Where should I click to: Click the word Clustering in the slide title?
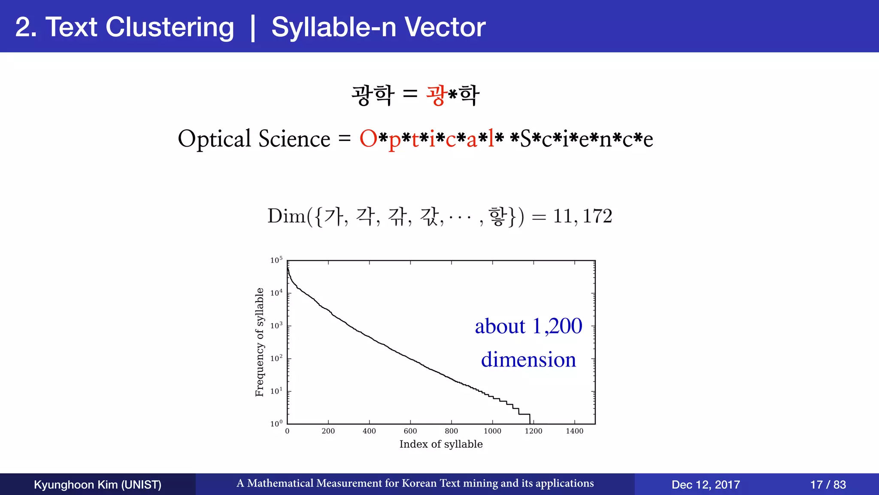click(170, 27)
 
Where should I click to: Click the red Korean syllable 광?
click(436, 95)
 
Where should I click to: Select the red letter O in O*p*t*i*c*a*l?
click(368, 139)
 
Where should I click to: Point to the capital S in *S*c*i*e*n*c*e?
click(525, 139)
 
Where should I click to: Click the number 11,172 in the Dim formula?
click(582, 216)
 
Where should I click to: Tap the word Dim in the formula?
click(286, 216)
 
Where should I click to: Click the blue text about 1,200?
click(528, 326)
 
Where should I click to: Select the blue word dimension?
click(528, 360)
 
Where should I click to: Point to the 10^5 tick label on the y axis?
click(276, 260)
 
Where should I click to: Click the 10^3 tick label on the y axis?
click(276, 326)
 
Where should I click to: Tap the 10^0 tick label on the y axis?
click(276, 424)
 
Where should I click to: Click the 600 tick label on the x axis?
click(410, 431)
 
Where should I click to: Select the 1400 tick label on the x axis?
click(574, 431)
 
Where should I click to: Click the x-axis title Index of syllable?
click(441, 444)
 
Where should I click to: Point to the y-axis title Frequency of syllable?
click(259, 342)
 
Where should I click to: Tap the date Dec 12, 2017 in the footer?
click(706, 485)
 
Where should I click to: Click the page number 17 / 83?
click(828, 485)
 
